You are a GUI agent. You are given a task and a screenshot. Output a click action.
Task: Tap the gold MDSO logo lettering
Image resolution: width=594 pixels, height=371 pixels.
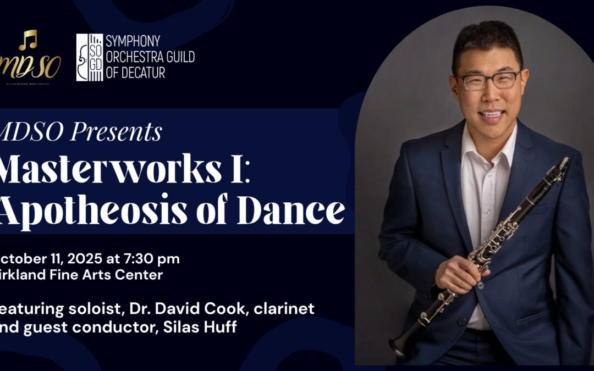click(x=33, y=67)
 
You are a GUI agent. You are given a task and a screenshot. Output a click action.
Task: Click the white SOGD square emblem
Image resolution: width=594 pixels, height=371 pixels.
click(x=90, y=57)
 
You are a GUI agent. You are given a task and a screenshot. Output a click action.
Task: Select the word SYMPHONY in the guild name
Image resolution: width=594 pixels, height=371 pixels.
click(x=133, y=41)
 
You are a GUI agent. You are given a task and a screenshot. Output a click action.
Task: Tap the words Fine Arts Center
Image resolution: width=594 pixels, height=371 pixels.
click(x=111, y=275)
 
